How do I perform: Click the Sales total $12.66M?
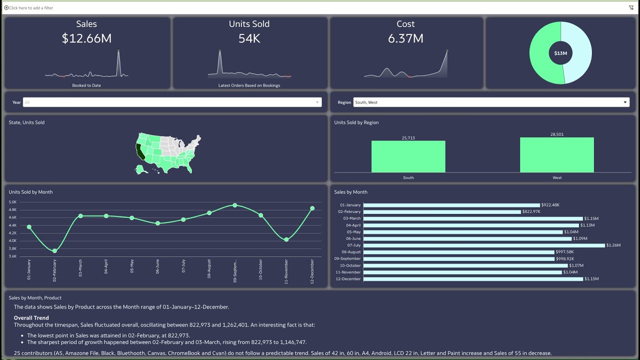(x=86, y=38)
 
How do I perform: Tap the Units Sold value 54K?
(x=249, y=38)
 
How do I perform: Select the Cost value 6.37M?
(x=405, y=38)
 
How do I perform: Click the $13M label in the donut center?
(x=560, y=53)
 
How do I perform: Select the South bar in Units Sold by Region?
(x=408, y=156)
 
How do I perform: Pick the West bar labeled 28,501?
(x=556, y=155)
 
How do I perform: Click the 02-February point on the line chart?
(x=54, y=251)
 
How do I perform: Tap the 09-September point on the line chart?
(x=235, y=205)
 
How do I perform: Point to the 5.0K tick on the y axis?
(x=13, y=202)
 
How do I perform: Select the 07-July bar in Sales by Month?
(x=484, y=245)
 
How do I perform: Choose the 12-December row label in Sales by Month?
(x=348, y=279)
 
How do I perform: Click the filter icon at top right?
(x=631, y=7)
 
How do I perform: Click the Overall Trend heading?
(x=31, y=318)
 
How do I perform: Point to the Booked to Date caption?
(x=86, y=85)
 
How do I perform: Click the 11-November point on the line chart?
(x=286, y=239)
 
